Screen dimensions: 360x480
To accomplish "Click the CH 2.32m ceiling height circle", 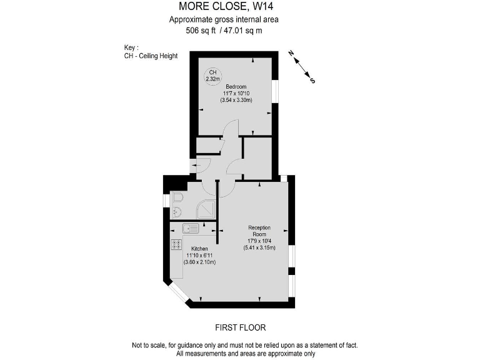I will [x=212, y=76].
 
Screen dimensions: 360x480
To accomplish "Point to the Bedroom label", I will [x=236, y=86].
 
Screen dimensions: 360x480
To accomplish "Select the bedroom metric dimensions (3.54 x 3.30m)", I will [x=236, y=100].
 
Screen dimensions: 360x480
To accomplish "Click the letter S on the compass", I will [x=312, y=81].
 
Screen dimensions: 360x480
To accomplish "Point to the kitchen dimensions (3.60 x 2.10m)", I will [x=199, y=262].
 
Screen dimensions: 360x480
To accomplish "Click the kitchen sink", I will [x=191, y=228].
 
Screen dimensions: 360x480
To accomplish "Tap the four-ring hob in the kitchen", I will [x=177, y=244].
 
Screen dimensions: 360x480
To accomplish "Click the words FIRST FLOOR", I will [x=239, y=327].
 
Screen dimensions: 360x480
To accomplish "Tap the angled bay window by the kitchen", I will [x=178, y=293].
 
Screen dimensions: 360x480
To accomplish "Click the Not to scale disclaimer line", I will [x=239, y=345].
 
